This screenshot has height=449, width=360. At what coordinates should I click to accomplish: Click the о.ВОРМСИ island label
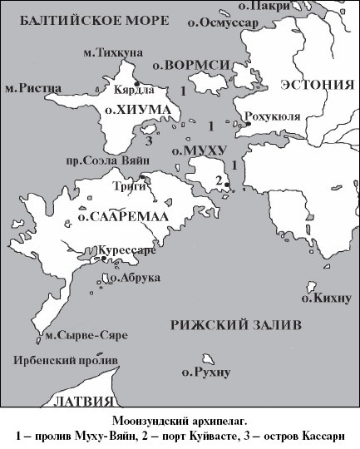click(187, 64)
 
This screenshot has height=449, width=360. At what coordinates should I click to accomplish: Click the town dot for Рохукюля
click(247, 124)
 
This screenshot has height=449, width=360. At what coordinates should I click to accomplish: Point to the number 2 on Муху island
click(217, 181)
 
